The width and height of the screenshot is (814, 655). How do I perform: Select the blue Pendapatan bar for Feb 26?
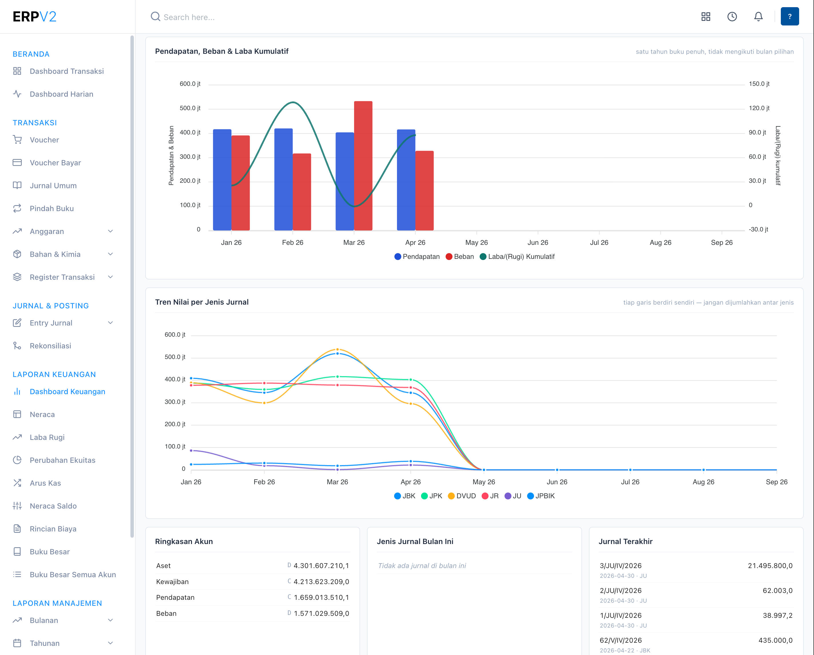(x=283, y=179)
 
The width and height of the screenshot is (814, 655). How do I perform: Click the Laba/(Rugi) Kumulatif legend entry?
(x=517, y=257)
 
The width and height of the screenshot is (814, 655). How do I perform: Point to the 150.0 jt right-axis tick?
(x=759, y=84)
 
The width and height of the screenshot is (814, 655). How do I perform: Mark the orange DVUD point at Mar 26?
(x=337, y=350)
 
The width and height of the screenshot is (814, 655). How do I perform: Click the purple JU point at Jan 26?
(x=191, y=450)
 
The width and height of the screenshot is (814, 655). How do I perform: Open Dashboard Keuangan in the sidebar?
(x=67, y=392)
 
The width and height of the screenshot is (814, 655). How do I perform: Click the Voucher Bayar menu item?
(x=55, y=163)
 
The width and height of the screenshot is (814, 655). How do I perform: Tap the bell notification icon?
(x=759, y=17)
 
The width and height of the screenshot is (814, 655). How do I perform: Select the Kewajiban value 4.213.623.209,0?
(x=321, y=582)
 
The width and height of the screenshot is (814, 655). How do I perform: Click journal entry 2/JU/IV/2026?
(x=621, y=590)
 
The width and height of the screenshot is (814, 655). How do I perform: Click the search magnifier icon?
(x=156, y=17)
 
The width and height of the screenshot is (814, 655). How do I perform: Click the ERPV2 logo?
(x=34, y=17)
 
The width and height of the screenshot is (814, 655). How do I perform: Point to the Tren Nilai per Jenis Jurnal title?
(x=202, y=302)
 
